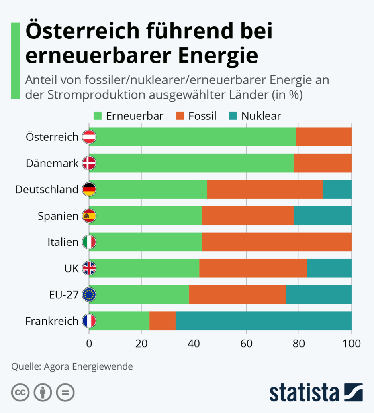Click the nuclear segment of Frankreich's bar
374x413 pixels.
click(x=263, y=321)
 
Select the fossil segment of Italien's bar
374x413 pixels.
click(x=276, y=242)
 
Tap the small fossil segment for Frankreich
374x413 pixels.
click(x=162, y=321)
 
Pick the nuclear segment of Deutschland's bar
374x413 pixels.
click(x=337, y=189)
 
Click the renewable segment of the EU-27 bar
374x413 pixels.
click(x=139, y=295)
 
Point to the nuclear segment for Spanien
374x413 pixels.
click(x=323, y=216)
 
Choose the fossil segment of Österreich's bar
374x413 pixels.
click(x=324, y=137)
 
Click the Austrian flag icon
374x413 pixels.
click(x=89, y=137)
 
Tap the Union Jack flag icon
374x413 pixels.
click(x=89, y=268)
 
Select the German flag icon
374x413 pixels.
click(x=89, y=189)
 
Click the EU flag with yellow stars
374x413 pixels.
click(x=89, y=295)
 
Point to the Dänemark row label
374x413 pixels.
click(x=51, y=164)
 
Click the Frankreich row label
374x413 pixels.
click(x=51, y=321)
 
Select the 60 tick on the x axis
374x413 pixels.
click(x=246, y=343)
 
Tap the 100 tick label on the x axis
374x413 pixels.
click(x=352, y=343)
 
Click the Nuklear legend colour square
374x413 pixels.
click(x=233, y=116)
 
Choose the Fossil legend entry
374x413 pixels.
click(x=196, y=116)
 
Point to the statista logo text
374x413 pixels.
click(x=303, y=392)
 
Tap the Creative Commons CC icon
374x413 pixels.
click(x=20, y=393)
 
